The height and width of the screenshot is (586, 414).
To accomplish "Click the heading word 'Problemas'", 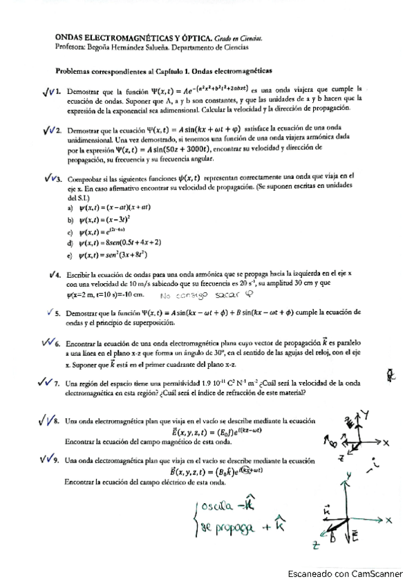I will [x=75, y=71].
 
